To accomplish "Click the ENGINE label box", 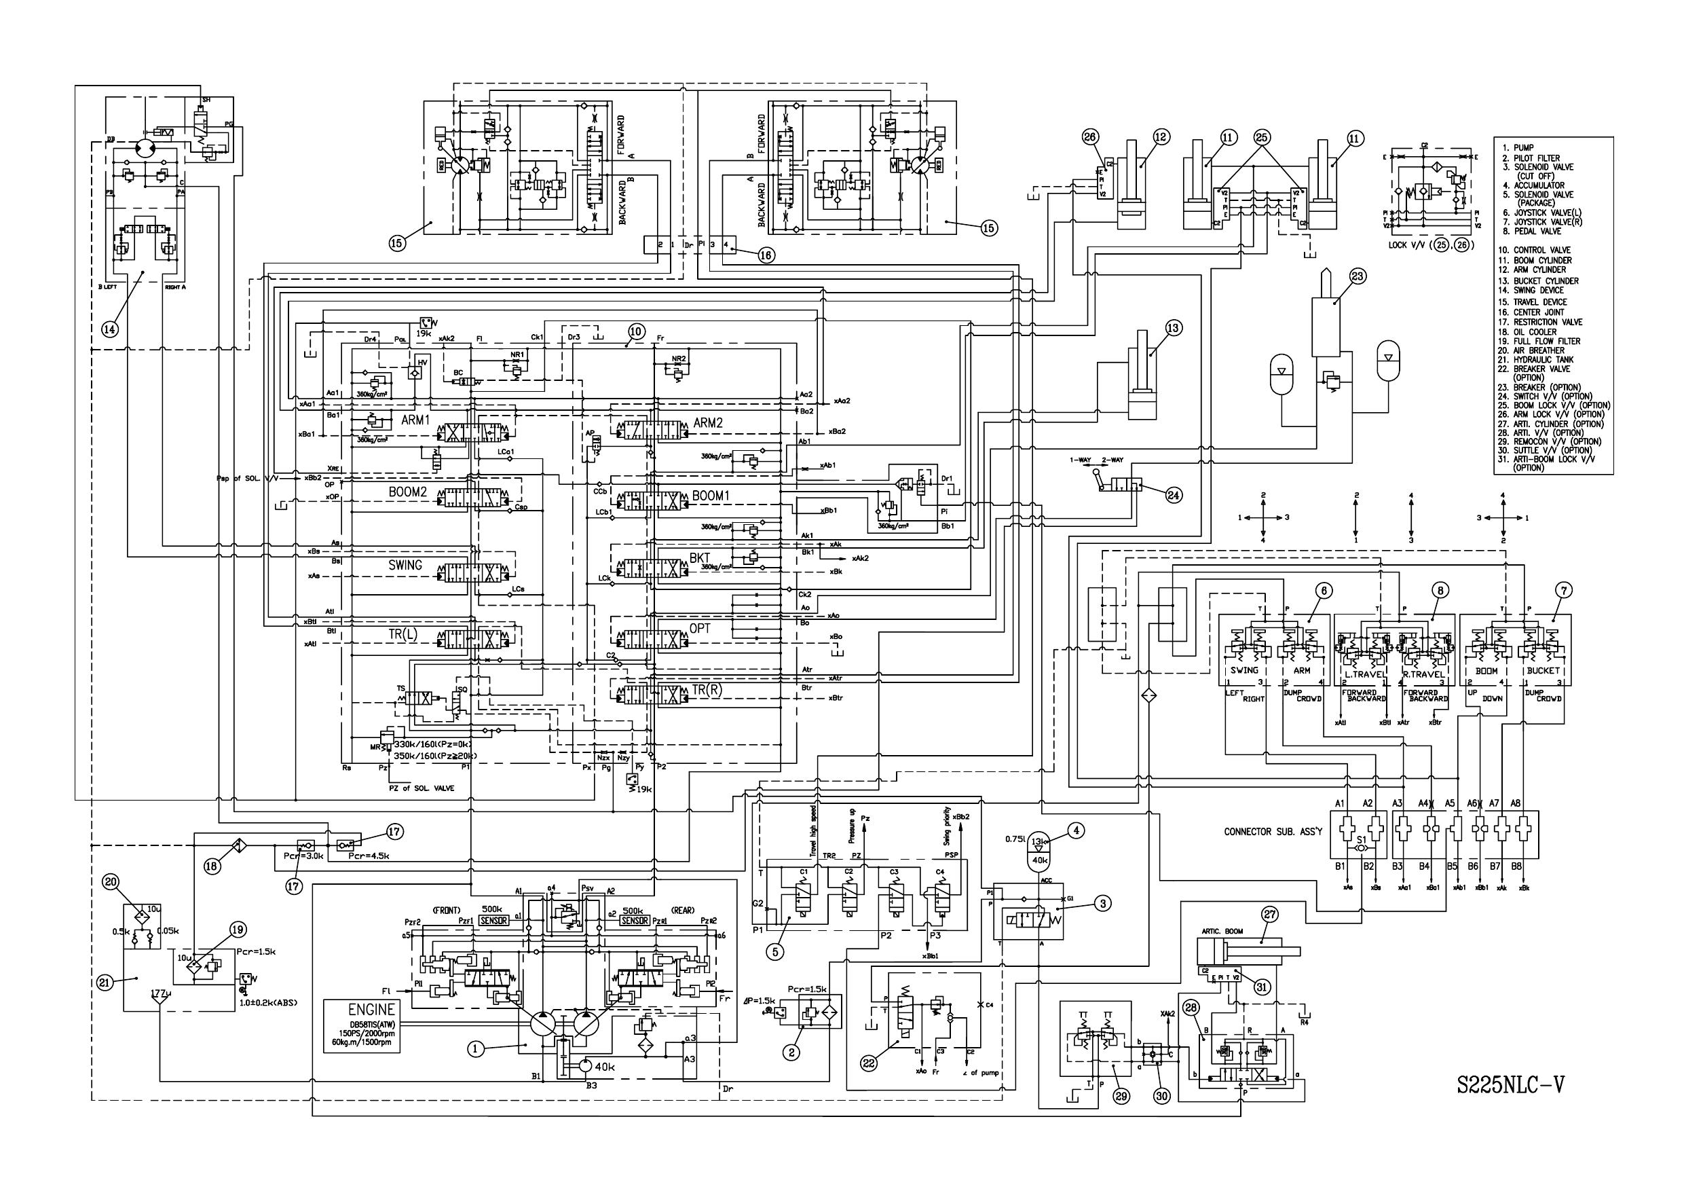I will [x=362, y=1026].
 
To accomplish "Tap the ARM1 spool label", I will [x=415, y=420].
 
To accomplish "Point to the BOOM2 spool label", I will [x=408, y=492].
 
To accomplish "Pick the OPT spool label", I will [x=700, y=629].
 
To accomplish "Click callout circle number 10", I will [x=636, y=331].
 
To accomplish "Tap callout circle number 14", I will [x=109, y=329].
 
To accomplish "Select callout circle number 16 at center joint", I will [x=766, y=255].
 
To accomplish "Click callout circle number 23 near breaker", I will [x=1357, y=276].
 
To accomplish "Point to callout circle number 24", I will [x=1174, y=495].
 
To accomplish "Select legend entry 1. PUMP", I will [x=1520, y=147].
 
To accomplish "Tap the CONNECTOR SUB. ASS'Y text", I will [x=1273, y=831].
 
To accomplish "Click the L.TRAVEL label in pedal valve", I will [x=1364, y=674].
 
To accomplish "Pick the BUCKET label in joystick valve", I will [x=1542, y=671].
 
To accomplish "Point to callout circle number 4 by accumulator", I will [x=1076, y=830].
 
